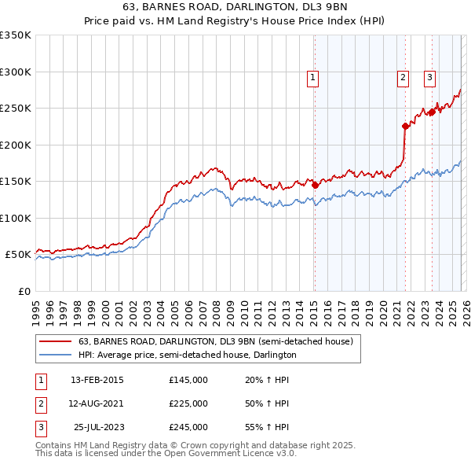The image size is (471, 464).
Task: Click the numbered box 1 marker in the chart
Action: click(312, 77)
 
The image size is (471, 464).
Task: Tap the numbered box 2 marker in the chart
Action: click(403, 77)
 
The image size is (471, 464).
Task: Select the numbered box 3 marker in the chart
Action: click(430, 77)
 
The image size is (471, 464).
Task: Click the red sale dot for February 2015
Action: click(315, 185)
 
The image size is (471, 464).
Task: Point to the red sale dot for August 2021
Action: click(406, 126)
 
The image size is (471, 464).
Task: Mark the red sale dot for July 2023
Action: click(432, 112)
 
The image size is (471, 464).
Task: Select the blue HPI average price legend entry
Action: click(187, 355)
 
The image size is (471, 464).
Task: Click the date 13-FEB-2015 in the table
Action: click(97, 380)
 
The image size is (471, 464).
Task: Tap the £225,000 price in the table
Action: click(188, 403)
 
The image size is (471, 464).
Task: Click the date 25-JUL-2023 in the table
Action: click(98, 427)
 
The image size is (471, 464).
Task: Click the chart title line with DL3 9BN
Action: click(235, 6)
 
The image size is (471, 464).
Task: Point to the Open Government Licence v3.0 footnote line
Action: click(166, 454)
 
